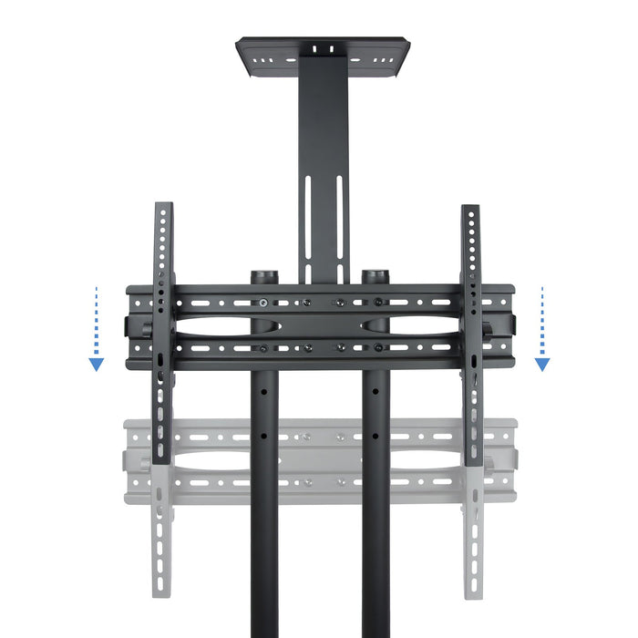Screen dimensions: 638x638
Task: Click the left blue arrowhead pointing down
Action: click(x=96, y=365)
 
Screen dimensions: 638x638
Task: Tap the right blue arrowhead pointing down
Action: click(x=542, y=365)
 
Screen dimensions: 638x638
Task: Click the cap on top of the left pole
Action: click(x=263, y=275)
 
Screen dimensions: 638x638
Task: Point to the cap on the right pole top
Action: click(x=375, y=275)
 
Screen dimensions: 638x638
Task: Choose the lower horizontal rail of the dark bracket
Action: click(x=319, y=347)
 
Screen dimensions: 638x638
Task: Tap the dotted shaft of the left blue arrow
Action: click(x=96, y=319)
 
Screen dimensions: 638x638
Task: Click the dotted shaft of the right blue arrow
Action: click(x=542, y=319)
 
